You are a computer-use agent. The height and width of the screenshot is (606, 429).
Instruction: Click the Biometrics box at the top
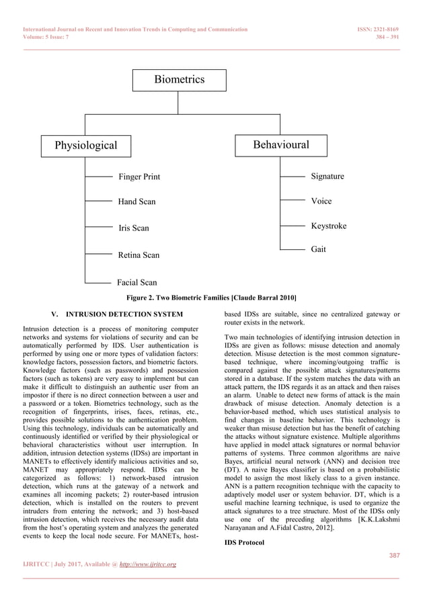point(179,80)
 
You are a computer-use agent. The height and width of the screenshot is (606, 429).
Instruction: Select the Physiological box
point(85,145)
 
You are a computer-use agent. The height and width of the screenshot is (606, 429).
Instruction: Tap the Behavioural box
point(281,145)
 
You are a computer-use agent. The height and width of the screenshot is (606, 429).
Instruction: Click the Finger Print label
point(139,177)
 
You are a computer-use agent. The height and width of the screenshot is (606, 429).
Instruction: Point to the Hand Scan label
point(136,202)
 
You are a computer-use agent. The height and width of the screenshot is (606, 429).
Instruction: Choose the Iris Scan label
point(134,228)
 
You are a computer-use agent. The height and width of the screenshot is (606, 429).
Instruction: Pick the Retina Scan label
point(139,255)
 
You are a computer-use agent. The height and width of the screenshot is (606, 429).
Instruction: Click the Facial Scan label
point(137,283)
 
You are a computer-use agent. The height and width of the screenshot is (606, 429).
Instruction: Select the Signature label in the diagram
point(327,176)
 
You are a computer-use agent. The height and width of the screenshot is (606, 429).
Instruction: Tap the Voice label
point(321,201)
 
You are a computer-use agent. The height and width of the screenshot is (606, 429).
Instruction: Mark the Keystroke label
point(329,226)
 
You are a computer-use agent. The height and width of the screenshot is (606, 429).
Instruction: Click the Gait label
point(319,249)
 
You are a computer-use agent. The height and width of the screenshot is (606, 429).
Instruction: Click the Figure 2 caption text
point(212,298)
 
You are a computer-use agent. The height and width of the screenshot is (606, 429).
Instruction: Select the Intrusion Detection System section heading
point(116,314)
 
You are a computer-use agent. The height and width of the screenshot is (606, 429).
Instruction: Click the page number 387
point(394,556)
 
